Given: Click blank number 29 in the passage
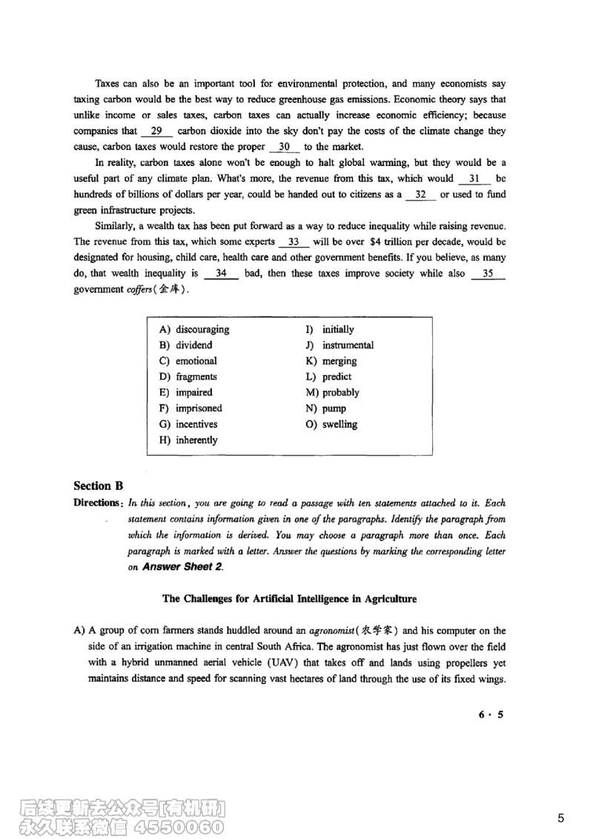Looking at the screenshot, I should click(156, 131).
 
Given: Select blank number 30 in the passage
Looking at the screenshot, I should click(284, 147).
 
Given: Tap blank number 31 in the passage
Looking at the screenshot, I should click(475, 179).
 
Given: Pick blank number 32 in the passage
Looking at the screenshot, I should click(420, 195).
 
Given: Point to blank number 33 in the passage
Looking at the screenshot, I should click(294, 242).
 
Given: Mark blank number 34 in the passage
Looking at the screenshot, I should click(220, 273).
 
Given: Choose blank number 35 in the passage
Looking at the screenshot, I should click(487, 273).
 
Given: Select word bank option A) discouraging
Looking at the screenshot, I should click(194, 329).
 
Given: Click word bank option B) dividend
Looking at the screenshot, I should click(185, 345).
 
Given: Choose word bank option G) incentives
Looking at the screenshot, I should click(188, 425).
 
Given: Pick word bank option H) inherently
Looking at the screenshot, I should click(188, 440).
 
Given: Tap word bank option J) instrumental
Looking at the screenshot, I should click(339, 345).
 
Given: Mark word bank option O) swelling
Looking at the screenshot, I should click(331, 425).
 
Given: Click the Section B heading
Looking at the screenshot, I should click(98, 486).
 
